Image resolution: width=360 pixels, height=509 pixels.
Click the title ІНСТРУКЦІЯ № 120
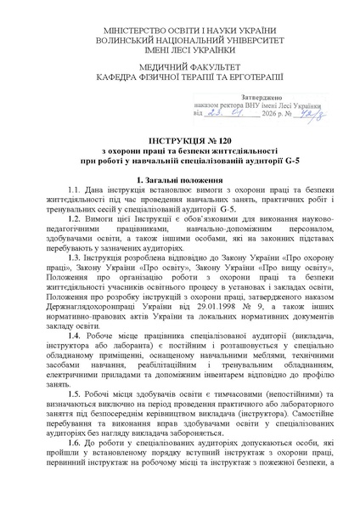tap(180, 139)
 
